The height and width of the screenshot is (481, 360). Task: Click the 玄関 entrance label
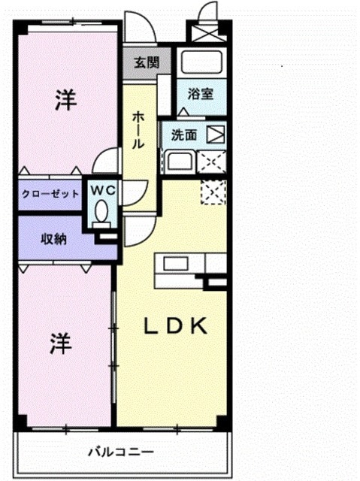147,62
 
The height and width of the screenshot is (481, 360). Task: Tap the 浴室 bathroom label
201,95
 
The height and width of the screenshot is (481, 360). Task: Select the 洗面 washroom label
184,136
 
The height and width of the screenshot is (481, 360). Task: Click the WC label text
104,191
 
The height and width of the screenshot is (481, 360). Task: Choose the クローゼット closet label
50,193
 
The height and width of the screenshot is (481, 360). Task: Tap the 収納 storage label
53,239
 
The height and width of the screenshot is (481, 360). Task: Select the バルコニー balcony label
120,452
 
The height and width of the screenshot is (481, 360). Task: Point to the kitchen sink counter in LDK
177,265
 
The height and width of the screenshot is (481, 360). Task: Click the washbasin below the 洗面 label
179,162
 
